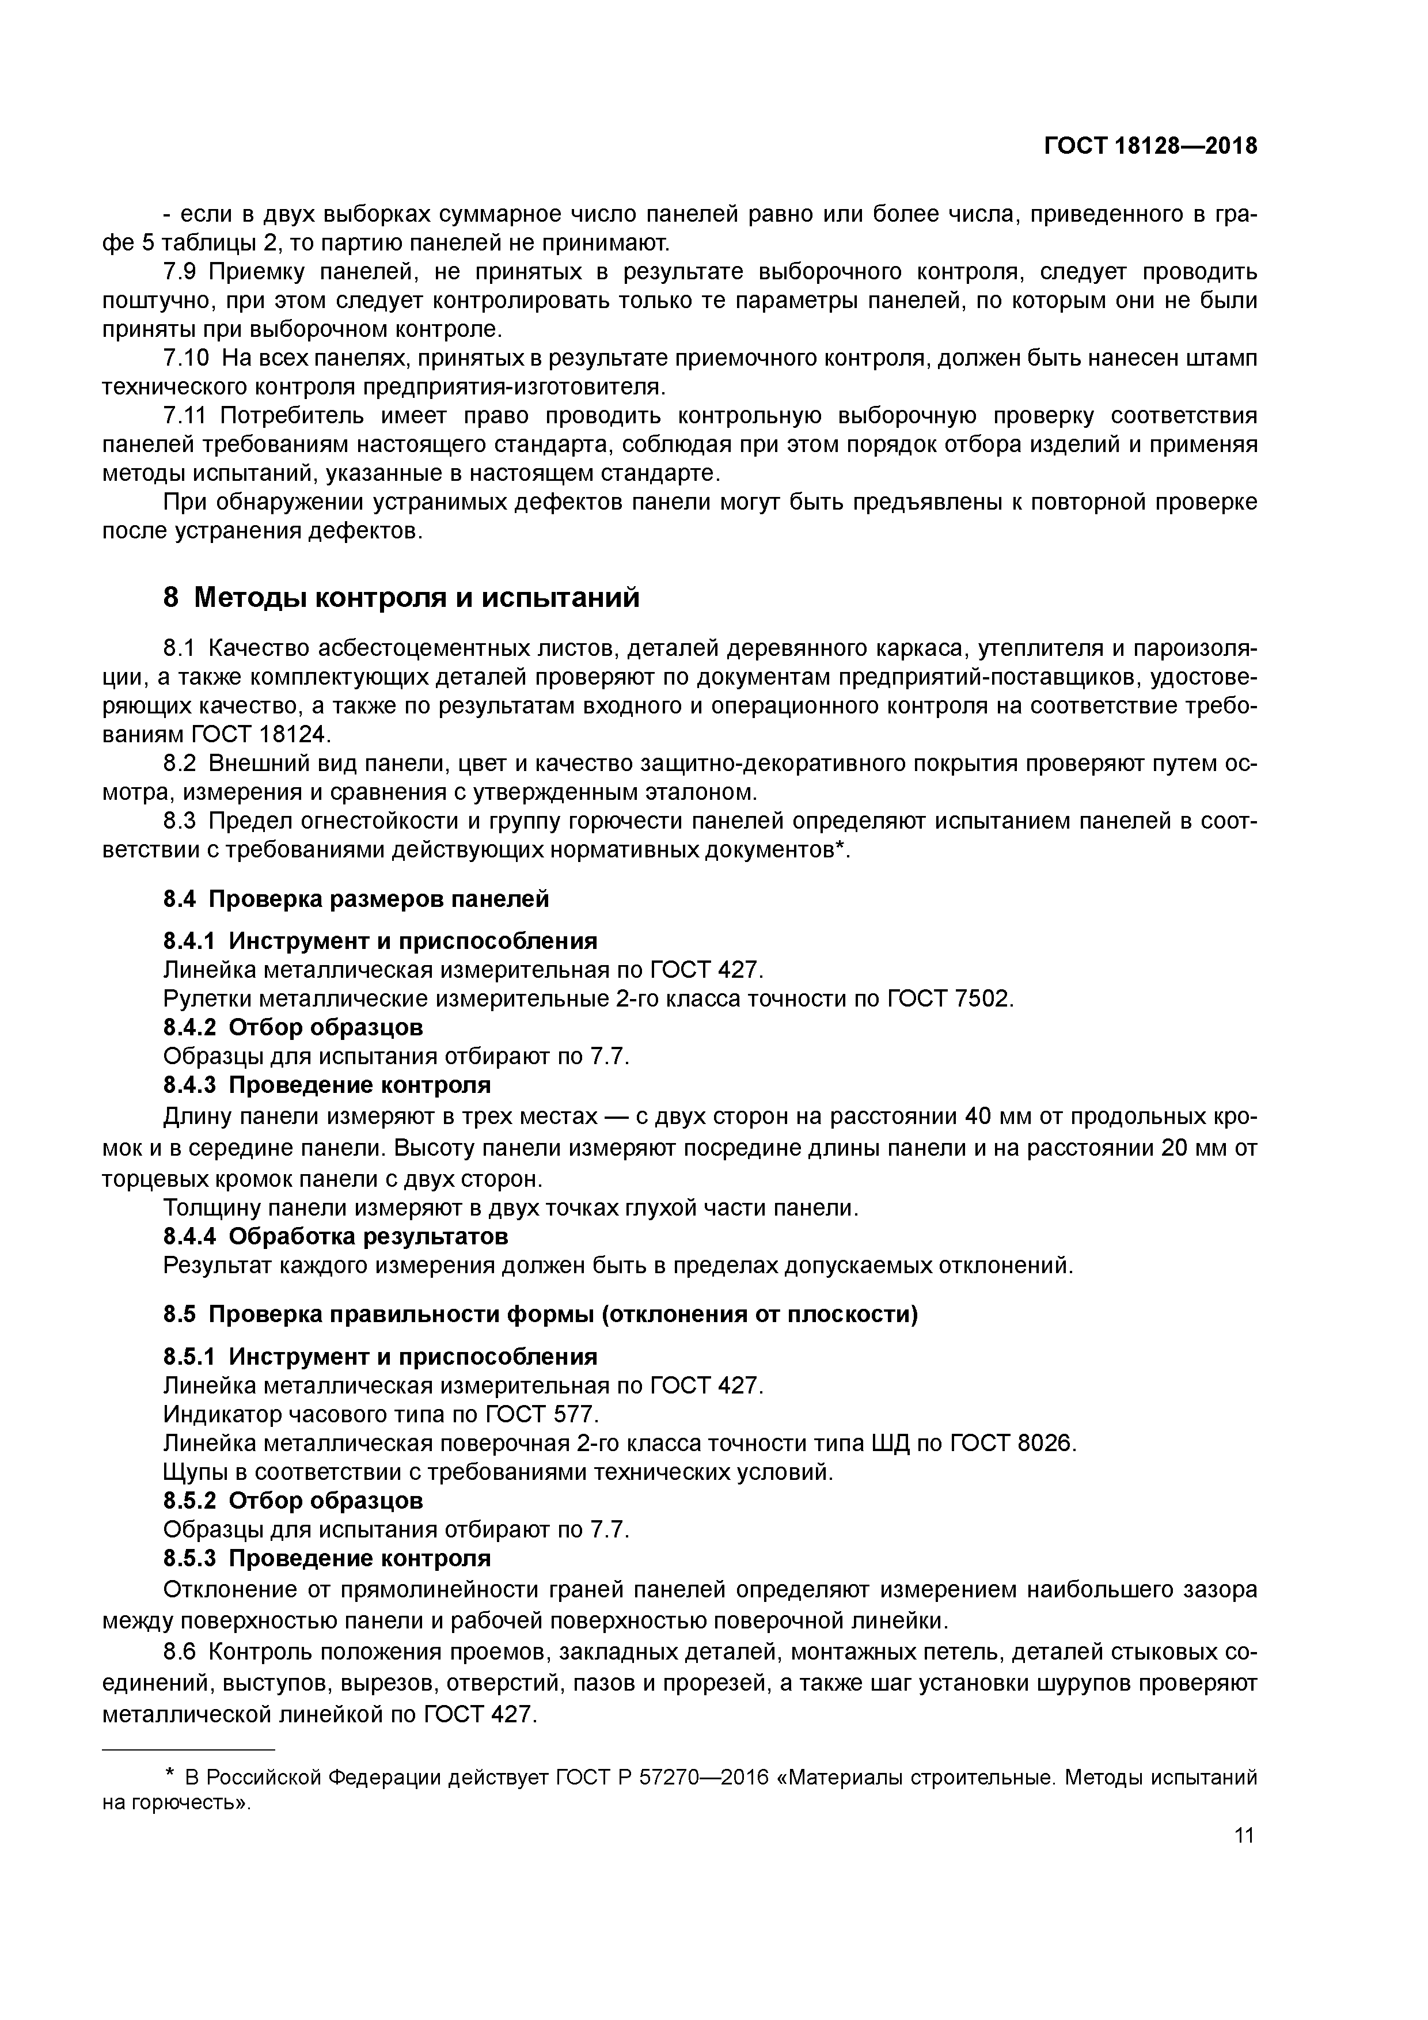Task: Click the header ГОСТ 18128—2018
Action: (1150, 146)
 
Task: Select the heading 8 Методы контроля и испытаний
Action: (401, 598)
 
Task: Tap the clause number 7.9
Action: (182, 271)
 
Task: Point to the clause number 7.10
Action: (187, 358)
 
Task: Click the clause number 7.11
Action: (185, 415)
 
